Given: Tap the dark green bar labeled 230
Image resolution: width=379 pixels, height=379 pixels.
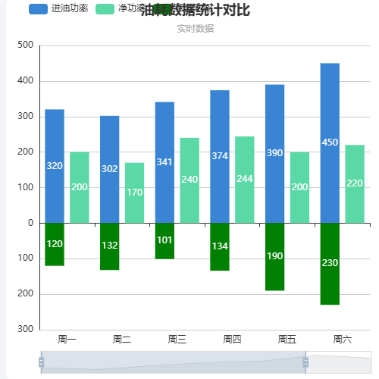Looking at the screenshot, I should tap(330, 263).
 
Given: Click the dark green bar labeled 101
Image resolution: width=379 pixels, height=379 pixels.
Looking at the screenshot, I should tap(164, 240).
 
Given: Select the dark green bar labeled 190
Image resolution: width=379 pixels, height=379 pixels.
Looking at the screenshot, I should tap(274, 256).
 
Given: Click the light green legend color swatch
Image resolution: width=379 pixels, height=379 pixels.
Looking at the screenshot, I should tap(105, 9).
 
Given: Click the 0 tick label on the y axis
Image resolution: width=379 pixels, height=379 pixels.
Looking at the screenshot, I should tap(30, 223).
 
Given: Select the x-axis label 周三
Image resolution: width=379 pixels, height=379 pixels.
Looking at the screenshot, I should tap(177, 339).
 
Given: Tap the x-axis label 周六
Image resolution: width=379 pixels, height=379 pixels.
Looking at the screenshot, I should tap(342, 339).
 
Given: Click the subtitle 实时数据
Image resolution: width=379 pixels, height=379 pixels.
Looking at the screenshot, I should tap(195, 28).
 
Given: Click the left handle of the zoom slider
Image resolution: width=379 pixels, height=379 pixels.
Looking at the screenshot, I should tap(42, 362).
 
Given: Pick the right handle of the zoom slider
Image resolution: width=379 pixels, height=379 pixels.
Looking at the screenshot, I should tap(305, 362).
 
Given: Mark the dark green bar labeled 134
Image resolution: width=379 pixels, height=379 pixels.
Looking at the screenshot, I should tap(220, 246).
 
